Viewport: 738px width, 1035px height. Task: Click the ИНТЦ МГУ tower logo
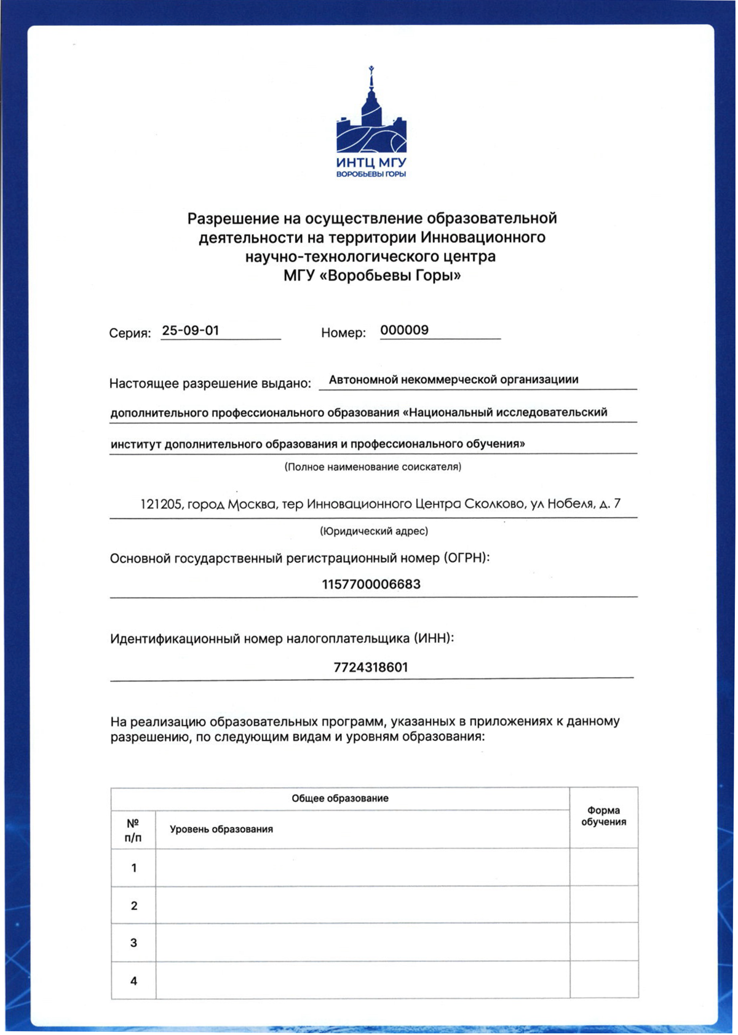(371, 122)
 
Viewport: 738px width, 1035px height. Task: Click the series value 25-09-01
(191, 330)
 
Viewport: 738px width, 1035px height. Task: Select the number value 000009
(404, 330)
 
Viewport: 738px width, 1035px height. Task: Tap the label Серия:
(130, 333)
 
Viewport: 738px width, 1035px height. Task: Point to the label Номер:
(343, 333)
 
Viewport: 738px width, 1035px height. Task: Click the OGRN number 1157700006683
(371, 584)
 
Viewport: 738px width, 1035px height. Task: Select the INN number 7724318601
(371, 667)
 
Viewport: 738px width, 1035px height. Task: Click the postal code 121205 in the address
(161, 504)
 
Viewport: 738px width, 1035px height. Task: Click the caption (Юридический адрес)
(373, 531)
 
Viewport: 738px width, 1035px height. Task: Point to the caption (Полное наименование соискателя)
(373, 467)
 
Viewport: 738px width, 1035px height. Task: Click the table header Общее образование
(339, 798)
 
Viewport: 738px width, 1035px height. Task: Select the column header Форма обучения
(603, 816)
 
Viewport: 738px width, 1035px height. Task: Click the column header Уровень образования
(221, 829)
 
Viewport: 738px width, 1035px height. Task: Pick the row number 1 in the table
(133, 868)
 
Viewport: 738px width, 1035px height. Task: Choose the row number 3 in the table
(133, 943)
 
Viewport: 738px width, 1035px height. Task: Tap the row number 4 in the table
(133, 981)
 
